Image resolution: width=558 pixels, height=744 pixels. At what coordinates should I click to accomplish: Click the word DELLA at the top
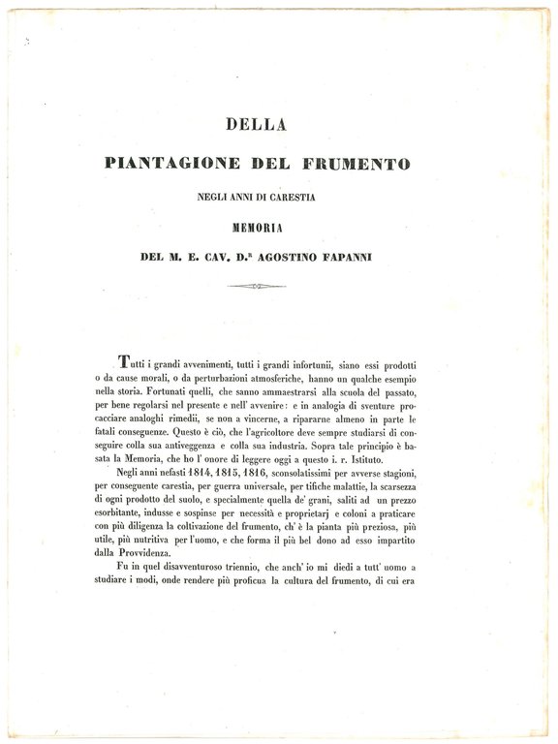[278, 124]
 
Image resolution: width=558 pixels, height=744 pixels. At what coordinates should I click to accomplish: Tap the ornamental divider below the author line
[257, 286]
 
